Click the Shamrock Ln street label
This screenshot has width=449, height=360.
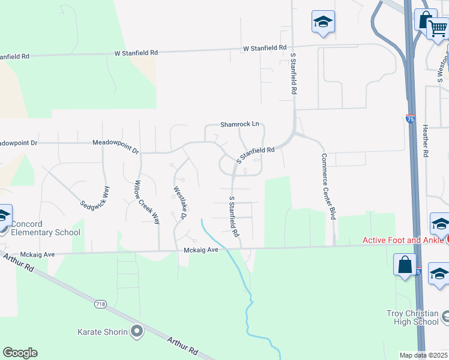click(x=239, y=124)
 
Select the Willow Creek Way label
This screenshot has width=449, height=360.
click(x=147, y=202)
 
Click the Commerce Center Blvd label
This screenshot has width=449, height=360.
click(x=327, y=187)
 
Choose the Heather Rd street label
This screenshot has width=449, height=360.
click(x=425, y=141)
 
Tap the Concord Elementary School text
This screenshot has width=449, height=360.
click(x=46, y=229)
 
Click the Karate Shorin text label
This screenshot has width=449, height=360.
click(x=103, y=331)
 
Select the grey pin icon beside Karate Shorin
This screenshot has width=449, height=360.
click(x=137, y=331)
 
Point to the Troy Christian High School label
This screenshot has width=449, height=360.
click(x=412, y=317)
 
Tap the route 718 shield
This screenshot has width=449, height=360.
click(x=100, y=305)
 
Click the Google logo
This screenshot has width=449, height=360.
click(x=20, y=353)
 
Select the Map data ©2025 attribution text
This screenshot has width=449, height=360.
click(x=423, y=355)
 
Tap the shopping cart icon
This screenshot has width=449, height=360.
click(x=439, y=28)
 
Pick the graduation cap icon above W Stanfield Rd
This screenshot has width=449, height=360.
click(x=323, y=22)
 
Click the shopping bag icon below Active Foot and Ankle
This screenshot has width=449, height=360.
click(x=405, y=264)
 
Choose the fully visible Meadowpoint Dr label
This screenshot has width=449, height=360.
click(x=115, y=143)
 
